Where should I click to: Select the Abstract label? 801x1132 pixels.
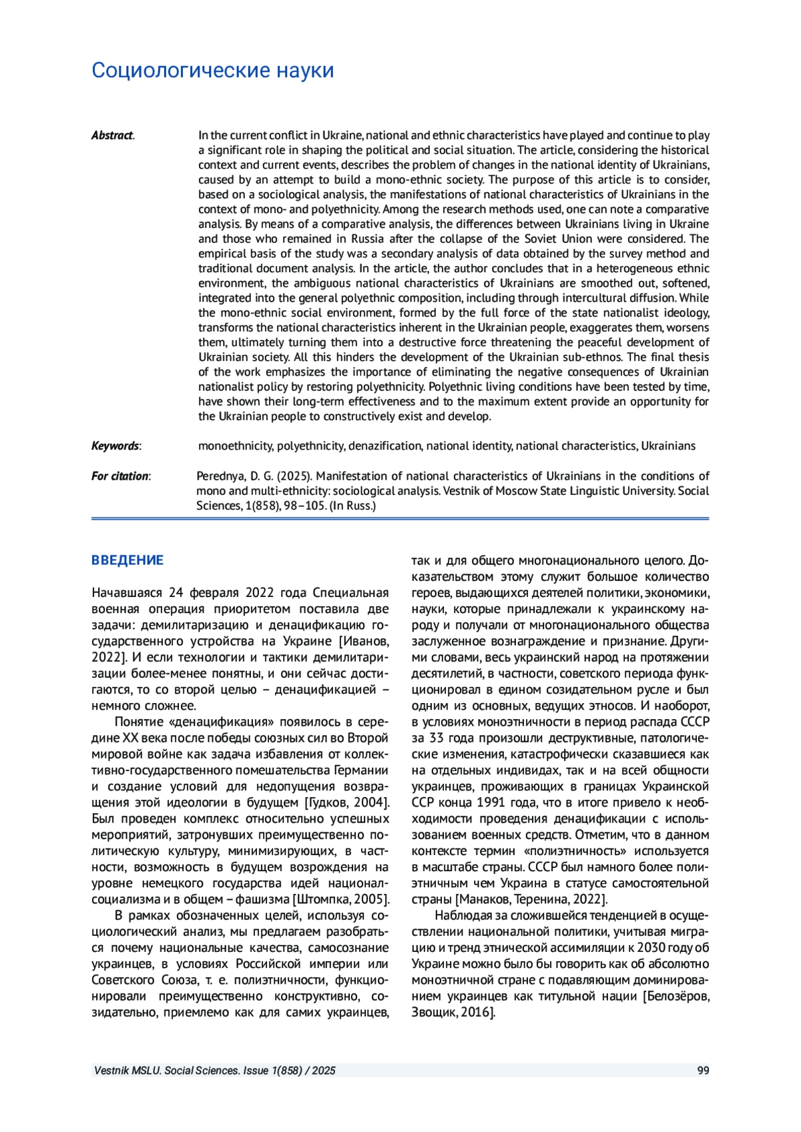[112, 135]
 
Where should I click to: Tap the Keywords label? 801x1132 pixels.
[115, 446]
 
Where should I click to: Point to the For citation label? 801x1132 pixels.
[120, 476]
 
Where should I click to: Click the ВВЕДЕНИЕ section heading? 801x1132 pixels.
[127, 560]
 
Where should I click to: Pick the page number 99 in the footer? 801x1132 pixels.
[703, 1071]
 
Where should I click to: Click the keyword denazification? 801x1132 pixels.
[385, 446]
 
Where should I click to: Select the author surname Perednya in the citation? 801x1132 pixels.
[220, 476]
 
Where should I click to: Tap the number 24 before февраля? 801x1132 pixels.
[176, 593]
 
